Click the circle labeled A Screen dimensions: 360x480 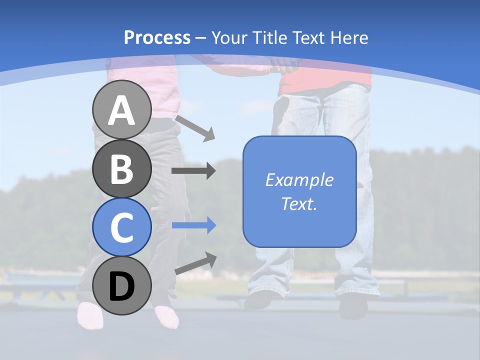point(121,110)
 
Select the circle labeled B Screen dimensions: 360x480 point(121,168)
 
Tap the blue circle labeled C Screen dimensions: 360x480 point(121,227)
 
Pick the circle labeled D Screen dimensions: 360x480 point(121,285)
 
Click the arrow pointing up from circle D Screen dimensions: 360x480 point(195,263)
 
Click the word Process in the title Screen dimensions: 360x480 point(157,37)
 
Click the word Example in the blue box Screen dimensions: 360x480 point(299,180)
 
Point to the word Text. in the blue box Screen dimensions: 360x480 point(299,203)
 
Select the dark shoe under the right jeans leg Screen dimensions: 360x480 point(353,305)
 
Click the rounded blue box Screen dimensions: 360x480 point(299,191)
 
